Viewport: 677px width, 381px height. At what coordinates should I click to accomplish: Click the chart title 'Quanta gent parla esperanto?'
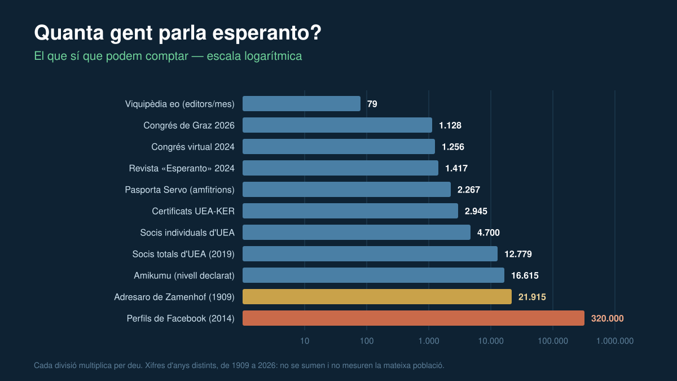coord(177,33)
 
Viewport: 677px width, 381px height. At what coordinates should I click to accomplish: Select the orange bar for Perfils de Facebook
coord(413,318)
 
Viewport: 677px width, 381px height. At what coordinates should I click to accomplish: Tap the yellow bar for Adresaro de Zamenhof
coord(377,297)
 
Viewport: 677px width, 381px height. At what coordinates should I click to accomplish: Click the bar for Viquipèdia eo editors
coord(301,104)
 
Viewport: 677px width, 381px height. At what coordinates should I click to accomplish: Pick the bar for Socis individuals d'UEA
coord(357,232)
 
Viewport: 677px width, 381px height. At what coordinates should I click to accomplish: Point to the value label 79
coord(372,104)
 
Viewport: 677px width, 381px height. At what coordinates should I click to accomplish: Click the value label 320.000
coord(607,318)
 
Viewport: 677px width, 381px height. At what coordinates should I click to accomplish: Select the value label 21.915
coord(532,297)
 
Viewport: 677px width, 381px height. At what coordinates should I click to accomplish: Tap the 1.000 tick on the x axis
coord(429,341)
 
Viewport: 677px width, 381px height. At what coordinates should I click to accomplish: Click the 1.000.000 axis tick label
coord(615,341)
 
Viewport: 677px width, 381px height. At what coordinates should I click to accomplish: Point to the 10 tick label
coord(305,341)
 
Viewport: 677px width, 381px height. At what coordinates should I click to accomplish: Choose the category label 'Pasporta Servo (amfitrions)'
coord(179,190)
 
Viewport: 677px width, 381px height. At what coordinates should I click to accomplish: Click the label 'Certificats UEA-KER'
coord(193,211)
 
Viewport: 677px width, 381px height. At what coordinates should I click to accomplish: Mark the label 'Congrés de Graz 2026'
coord(189,125)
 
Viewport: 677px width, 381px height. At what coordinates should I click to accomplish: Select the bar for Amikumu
coord(373,275)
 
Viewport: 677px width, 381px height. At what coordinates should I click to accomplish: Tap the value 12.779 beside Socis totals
coord(518,254)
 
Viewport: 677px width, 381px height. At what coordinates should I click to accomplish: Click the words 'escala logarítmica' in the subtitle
coord(254,56)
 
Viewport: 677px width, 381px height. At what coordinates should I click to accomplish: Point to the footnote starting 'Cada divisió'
coord(239,365)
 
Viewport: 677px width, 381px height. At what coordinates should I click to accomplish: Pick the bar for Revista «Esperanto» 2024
coord(340,168)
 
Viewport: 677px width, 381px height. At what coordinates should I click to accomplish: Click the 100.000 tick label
coord(553,341)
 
